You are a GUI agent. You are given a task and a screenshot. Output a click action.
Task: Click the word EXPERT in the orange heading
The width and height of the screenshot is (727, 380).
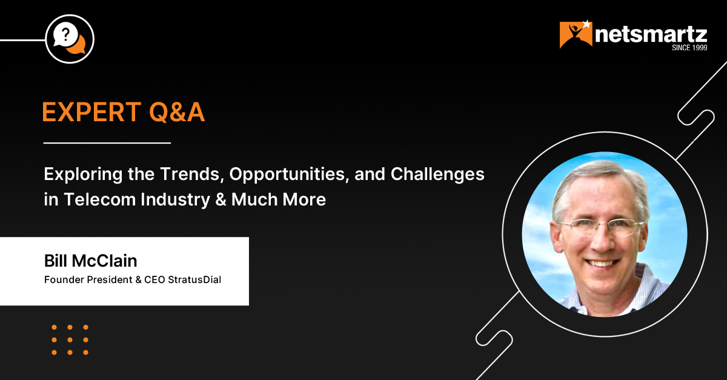[x=92, y=112]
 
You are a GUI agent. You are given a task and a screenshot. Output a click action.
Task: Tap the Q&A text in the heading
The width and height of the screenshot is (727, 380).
[x=177, y=112]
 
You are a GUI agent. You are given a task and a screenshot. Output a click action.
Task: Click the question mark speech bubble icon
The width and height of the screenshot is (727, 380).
[x=70, y=39]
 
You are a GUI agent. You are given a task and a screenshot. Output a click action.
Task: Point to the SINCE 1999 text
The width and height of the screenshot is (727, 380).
[x=689, y=48]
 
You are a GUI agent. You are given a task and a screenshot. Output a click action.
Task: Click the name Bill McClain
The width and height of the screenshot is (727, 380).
[x=90, y=261]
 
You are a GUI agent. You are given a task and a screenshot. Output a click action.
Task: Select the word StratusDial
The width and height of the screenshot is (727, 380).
[x=194, y=279]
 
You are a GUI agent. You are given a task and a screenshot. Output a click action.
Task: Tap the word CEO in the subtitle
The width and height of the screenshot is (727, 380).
[x=155, y=279]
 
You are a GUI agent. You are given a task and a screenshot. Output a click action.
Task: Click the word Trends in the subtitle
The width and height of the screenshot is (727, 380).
[x=193, y=174]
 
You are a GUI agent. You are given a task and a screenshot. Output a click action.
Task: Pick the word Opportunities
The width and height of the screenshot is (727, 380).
[x=289, y=175]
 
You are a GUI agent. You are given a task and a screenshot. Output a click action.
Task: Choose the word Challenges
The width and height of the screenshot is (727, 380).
[x=437, y=175]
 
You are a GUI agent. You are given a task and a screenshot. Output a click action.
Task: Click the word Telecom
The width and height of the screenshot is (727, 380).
[x=99, y=199]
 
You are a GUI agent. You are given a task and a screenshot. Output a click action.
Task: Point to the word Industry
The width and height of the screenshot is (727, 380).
[x=176, y=199]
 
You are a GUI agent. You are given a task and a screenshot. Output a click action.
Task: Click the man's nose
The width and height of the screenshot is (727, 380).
[x=602, y=242]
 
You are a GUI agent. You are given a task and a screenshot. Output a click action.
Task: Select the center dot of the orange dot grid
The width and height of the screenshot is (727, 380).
[x=70, y=340]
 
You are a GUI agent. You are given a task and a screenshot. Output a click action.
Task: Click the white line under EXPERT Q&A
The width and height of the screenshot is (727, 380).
[x=107, y=142]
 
